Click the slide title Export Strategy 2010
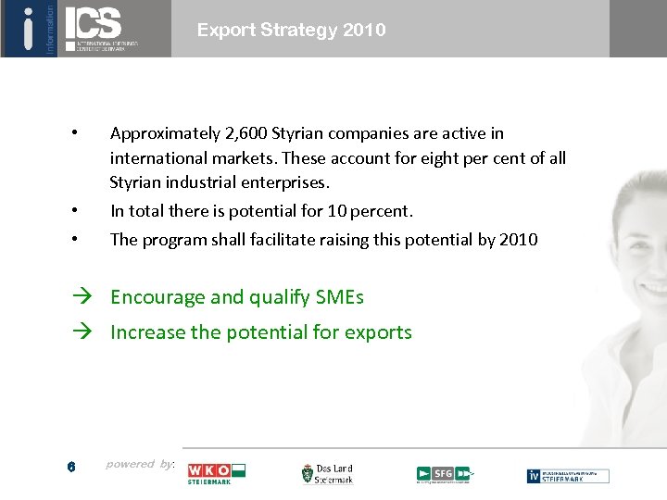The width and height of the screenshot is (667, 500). tap(291, 30)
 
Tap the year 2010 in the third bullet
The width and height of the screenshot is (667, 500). tap(517, 239)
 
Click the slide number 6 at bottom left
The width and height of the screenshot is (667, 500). tap(70, 468)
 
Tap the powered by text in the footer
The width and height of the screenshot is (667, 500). tap(140, 464)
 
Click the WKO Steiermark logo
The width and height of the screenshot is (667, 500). tap(216, 473)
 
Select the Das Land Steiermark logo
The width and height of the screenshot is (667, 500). tap(327, 474)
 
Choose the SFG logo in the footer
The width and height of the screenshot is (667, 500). tap(444, 474)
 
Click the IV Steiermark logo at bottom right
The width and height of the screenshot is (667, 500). tap(568, 475)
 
